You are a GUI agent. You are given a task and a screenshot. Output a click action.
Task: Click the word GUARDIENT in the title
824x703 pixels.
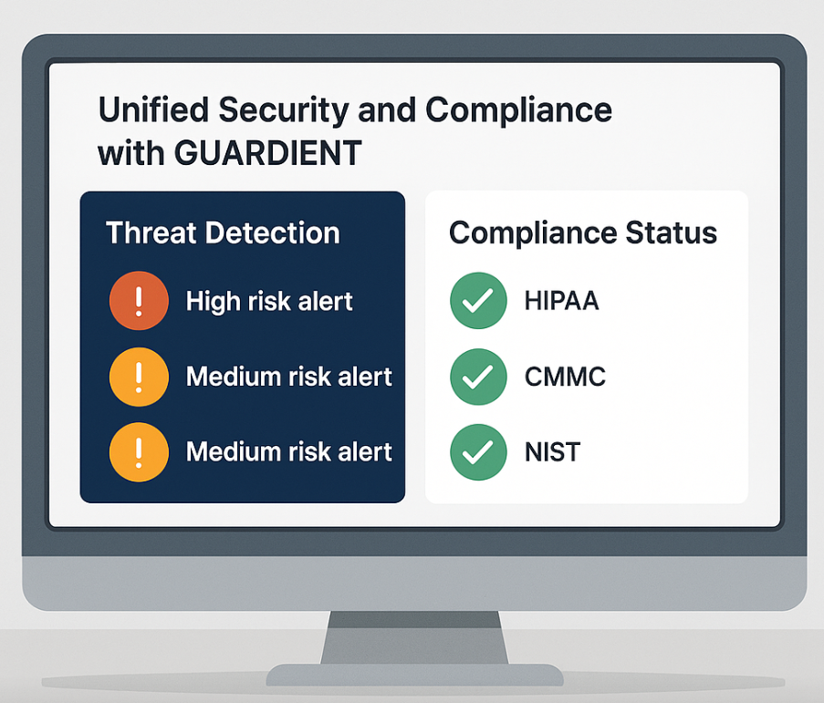[268, 153]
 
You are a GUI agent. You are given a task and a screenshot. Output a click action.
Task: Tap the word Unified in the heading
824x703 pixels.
[153, 109]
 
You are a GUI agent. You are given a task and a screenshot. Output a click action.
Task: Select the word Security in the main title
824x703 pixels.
[284, 111]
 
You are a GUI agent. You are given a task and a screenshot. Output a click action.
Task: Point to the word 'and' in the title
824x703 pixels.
[387, 109]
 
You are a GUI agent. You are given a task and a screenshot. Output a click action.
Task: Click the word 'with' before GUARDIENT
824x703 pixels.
[131, 153]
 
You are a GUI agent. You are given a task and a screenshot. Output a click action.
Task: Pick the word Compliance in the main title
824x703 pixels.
[518, 111]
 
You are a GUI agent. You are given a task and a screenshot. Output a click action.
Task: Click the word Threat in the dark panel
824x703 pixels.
[151, 233]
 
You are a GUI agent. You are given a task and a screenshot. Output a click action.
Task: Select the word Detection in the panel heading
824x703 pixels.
[272, 233]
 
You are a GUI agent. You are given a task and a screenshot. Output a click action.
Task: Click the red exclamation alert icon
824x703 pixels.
[139, 300]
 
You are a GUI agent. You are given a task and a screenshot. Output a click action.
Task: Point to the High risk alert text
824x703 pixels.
[269, 302]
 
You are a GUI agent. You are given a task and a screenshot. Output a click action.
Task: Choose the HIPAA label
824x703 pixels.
[562, 301]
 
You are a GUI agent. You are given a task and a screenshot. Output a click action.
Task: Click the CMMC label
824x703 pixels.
[565, 377]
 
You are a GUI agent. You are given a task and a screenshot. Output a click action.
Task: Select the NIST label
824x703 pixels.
[552, 452]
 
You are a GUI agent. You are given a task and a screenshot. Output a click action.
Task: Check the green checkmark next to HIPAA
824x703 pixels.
[478, 300]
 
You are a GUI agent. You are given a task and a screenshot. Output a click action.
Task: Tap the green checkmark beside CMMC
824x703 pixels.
[478, 377]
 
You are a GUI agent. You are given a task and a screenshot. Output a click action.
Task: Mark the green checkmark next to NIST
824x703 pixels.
[478, 452]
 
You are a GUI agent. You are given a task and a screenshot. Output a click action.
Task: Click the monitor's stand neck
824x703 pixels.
[414, 637]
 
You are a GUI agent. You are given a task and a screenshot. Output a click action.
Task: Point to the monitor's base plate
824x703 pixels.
[414, 675]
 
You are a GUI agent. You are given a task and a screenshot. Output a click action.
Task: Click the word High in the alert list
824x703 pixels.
[213, 302]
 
